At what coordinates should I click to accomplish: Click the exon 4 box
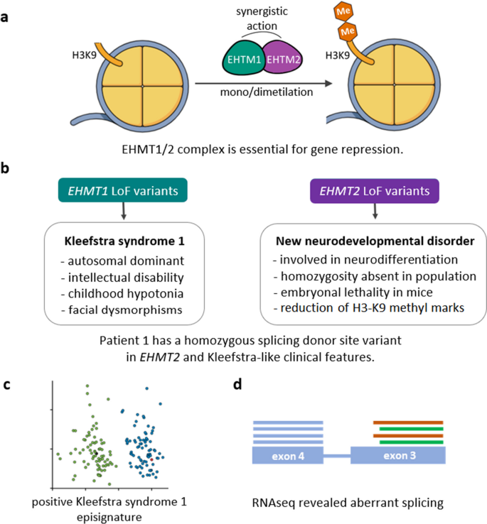click(x=288, y=456)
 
